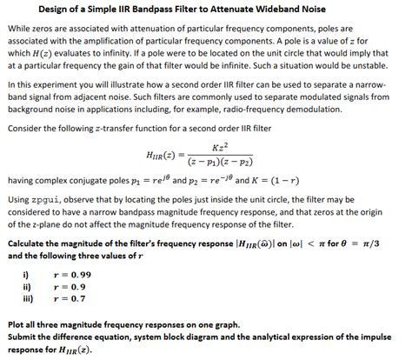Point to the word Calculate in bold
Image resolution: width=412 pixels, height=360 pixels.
(30, 243)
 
